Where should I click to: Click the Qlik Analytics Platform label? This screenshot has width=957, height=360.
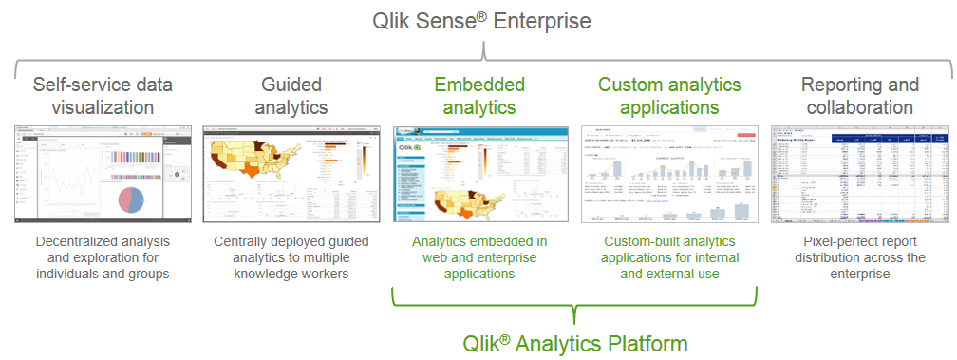click(x=574, y=342)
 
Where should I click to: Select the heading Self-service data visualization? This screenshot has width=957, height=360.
click(x=103, y=96)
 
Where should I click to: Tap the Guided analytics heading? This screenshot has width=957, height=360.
click(x=291, y=96)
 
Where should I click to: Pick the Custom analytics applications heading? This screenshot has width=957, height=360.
click(x=669, y=96)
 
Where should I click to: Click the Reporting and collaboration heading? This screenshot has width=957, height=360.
click(x=860, y=96)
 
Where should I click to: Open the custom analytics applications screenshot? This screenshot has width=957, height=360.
click(x=669, y=173)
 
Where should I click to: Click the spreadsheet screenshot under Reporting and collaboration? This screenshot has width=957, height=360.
click(x=860, y=173)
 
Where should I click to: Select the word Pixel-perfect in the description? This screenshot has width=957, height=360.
click(x=827, y=240)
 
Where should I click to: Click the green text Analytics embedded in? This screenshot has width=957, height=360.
click(x=478, y=240)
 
